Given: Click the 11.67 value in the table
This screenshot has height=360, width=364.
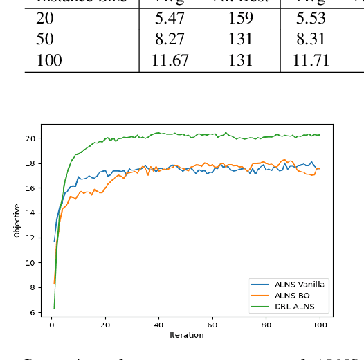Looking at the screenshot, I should (170, 61).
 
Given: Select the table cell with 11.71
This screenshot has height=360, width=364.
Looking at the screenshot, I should (309, 61).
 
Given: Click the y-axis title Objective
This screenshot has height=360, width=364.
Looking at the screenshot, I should (17, 221).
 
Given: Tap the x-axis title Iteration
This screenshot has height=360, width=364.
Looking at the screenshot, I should (187, 336).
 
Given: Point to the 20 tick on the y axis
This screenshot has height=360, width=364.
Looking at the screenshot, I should (30, 138).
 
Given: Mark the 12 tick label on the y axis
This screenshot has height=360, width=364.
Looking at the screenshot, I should (30, 238).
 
